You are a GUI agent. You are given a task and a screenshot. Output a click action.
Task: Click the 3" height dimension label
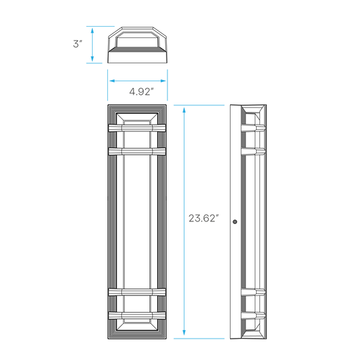coord(77,43)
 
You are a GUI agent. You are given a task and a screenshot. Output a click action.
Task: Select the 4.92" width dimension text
coord(141,91)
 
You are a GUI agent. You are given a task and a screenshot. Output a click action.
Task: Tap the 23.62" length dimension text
coord(203,218)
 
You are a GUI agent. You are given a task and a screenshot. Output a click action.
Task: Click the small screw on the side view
coord(235,222)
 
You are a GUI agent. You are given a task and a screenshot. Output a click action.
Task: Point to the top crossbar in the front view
coord(137,128)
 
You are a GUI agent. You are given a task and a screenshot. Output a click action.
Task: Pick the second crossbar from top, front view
coord(137,151)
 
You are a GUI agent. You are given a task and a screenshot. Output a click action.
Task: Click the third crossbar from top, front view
coord(137,292)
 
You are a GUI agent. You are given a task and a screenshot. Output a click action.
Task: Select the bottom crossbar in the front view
coord(137,315)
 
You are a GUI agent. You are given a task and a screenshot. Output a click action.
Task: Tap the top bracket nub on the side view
coord(253,128)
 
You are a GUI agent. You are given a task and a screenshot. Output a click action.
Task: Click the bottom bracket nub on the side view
coord(253,315)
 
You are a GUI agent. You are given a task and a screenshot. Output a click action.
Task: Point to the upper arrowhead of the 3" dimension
coord(92,31)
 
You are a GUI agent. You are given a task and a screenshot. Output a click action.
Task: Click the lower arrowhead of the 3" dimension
coord(92,59)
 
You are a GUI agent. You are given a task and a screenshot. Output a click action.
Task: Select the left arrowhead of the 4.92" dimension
coord(112,81)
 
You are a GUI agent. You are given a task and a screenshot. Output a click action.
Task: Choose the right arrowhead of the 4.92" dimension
coord(163,81)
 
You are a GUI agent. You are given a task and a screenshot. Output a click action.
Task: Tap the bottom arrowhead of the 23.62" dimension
coord(184,333)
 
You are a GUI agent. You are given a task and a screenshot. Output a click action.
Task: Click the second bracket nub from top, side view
coord(253,151)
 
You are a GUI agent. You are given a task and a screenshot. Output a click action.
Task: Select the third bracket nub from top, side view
coord(253,292)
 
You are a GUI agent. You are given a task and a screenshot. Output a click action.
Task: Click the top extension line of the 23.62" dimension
coord(199,105)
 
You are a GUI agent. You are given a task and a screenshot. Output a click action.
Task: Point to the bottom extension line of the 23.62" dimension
coord(199,339)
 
